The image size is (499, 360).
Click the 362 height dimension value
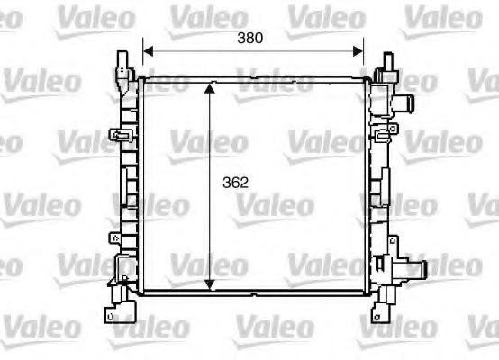pyautogui.click(x=235, y=181)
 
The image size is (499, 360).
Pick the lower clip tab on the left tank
pyautogui.click(x=116, y=238)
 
